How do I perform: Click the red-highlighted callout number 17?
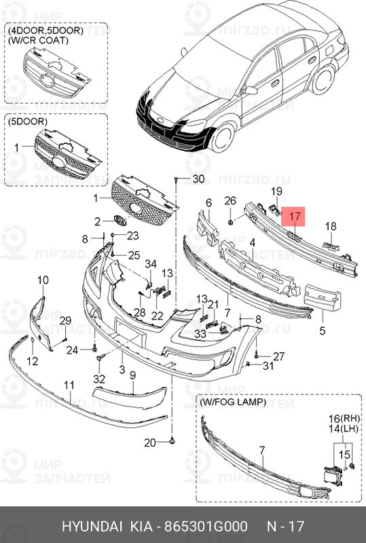[x=294, y=217]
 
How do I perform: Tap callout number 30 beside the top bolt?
[x=198, y=179]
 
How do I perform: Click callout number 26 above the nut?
[x=230, y=200]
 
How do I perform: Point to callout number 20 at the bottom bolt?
[x=150, y=443]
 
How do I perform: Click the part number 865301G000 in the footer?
[x=206, y=527]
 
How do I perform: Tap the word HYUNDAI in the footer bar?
[x=92, y=527]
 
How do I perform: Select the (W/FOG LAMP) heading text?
[x=233, y=402]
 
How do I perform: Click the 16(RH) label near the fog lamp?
[x=344, y=419]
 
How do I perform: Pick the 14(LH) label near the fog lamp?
[x=344, y=429]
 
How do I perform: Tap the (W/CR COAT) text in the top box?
[x=38, y=40]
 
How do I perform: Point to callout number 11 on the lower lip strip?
[x=69, y=385]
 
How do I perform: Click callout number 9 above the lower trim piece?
[x=132, y=375]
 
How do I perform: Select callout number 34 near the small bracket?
[x=151, y=264]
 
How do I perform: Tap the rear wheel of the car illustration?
[x=323, y=80]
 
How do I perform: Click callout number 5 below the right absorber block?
[x=323, y=331]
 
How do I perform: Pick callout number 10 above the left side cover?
[x=43, y=280]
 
